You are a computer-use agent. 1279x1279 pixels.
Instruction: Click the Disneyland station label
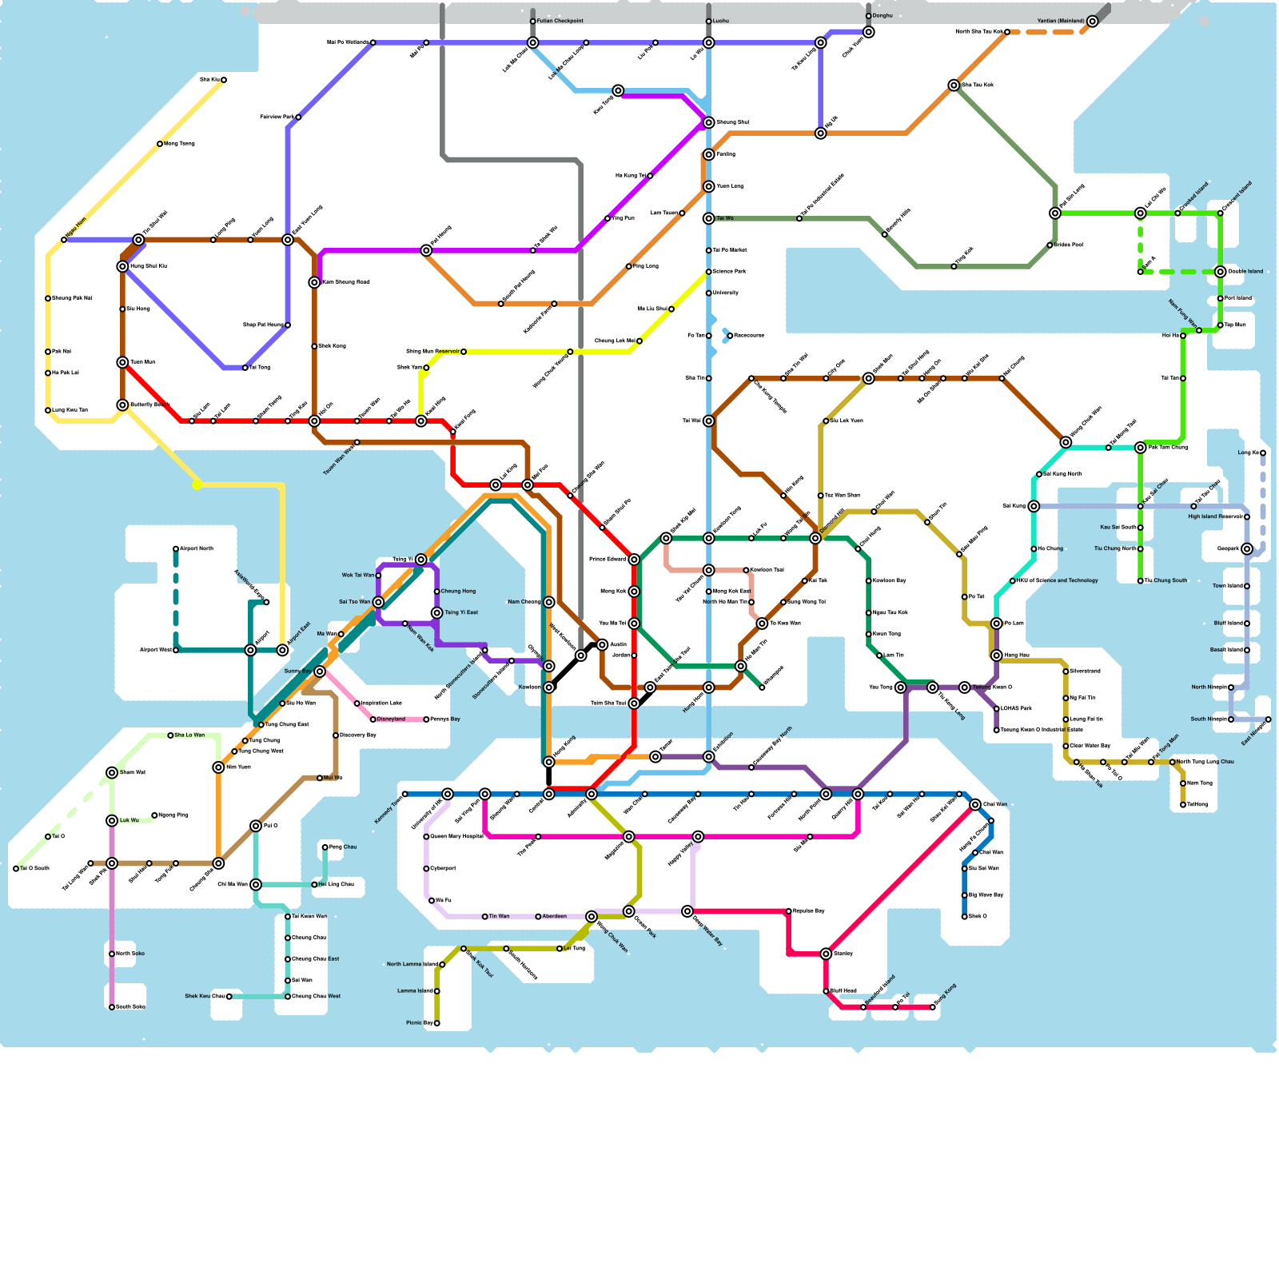pyautogui.click(x=391, y=719)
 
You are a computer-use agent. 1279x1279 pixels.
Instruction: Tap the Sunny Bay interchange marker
pyautogui.click(x=320, y=671)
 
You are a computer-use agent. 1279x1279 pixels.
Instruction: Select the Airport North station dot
pyautogui.click(x=176, y=549)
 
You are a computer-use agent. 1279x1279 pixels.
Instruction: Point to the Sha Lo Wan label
pyautogui.click(x=189, y=735)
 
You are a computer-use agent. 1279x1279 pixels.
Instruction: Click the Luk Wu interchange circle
pyautogui.click(x=112, y=821)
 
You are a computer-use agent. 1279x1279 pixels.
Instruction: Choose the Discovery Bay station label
pyautogui.click(x=357, y=735)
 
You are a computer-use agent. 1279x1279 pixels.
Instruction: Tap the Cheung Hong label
pyautogui.click(x=458, y=592)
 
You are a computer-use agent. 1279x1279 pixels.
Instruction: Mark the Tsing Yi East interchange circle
pyautogui.click(x=436, y=613)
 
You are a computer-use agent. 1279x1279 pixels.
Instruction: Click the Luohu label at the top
pyautogui.click(x=721, y=22)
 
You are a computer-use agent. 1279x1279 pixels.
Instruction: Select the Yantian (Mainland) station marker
pyautogui.click(x=1092, y=22)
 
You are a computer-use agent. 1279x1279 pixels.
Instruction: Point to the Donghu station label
pyautogui.click(x=883, y=16)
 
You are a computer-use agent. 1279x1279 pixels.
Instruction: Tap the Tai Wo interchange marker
pyautogui.click(x=708, y=218)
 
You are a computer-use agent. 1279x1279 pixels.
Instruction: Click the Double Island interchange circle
pyautogui.click(x=1220, y=272)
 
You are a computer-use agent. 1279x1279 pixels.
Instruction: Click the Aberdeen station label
pyautogui.click(x=555, y=917)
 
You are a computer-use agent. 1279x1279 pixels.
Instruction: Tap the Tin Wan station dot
pyautogui.click(x=484, y=917)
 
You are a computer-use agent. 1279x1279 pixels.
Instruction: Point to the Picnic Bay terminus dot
pyautogui.click(x=436, y=1023)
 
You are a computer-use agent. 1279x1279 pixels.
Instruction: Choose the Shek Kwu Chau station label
pyautogui.click(x=204, y=997)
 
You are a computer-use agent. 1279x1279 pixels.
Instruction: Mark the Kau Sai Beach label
pyautogui.click(x=1118, y=528)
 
